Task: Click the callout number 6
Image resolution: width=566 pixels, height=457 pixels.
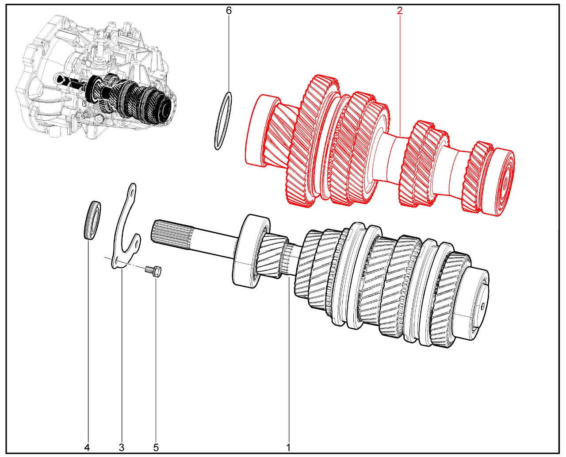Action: [229, 11]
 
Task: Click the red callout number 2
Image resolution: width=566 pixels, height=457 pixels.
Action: [400, 11]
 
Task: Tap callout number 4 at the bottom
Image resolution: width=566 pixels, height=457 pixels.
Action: [87, 447]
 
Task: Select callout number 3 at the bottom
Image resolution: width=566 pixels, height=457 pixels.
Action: [122, 447]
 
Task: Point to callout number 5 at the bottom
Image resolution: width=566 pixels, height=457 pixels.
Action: [156, 447]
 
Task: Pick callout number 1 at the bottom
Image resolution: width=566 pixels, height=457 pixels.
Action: [288, 447]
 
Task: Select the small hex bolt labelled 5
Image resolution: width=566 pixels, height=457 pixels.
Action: [153, 272]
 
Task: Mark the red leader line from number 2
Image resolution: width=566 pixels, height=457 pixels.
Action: [400, 76]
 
